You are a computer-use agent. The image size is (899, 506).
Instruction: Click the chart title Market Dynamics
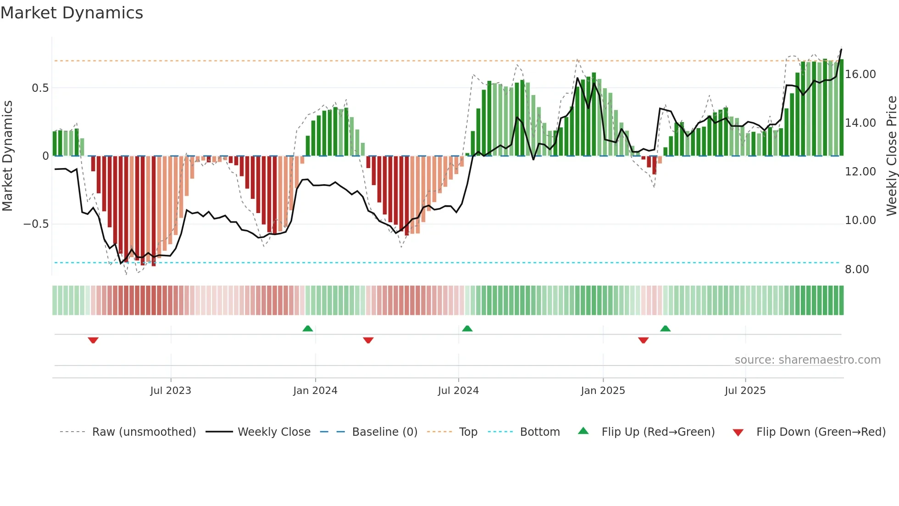(72, 13)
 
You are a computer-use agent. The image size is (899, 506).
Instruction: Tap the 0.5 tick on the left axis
(40, 88)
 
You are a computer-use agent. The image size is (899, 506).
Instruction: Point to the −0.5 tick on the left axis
(36, 224)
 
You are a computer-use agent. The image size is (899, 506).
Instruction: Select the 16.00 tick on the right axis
(860, 74)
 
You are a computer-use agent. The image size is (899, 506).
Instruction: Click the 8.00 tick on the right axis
(856, 270)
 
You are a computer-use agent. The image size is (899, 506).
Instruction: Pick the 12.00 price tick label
(860, 172)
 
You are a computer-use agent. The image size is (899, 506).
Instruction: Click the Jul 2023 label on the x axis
(171, 391)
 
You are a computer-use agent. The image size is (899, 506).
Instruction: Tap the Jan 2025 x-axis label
(603, 391)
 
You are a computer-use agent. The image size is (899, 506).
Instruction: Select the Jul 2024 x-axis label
(458, 391)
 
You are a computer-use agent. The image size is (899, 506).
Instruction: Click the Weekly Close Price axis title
(891, 156)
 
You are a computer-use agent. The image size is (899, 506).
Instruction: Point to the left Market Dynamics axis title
(7, 156)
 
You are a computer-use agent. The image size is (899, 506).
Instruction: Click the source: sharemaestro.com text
(807, 360)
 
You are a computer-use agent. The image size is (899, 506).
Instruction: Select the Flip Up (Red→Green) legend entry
(658, 432)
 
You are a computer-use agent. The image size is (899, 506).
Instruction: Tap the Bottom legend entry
(539, 432)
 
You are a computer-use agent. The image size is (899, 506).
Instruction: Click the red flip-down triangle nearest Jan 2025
(643, 340)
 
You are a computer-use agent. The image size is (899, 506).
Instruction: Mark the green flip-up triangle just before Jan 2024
(308, 328)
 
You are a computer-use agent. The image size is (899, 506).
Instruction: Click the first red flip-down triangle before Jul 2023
(93, 340)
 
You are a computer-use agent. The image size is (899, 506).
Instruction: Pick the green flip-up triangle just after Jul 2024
(467, 328)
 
